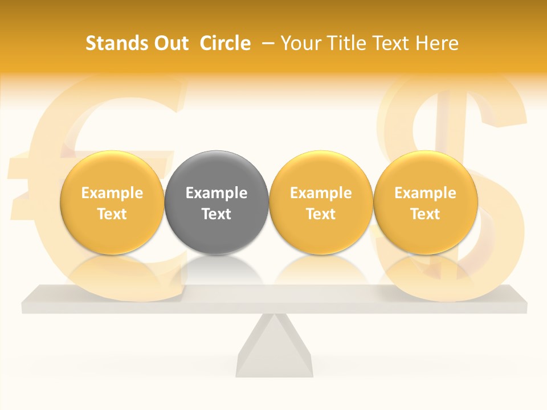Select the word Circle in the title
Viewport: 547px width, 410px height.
click(225, 43)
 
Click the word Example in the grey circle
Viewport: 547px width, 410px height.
click(217, 193)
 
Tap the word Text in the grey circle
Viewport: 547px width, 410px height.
click(217, 214)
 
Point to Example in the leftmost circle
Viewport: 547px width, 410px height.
click(112, 193)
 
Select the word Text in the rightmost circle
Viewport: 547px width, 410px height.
click(425, 214)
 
